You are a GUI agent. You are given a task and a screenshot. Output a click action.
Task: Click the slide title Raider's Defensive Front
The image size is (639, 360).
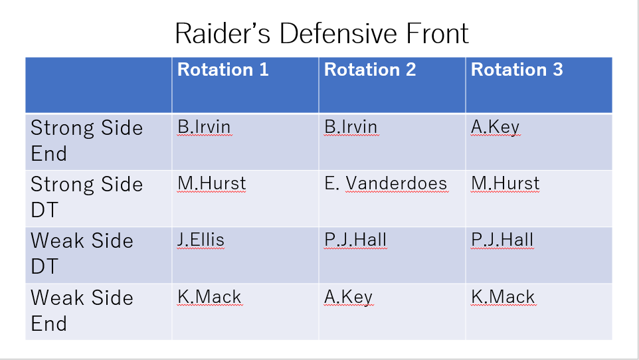pos(322,33)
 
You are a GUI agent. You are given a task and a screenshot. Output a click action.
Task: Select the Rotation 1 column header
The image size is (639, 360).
pos(223,69)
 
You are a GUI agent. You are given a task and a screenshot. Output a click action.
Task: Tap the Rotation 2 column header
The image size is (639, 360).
pos(370,69)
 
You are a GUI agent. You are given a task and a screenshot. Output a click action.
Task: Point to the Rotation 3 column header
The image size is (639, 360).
pos(517,69)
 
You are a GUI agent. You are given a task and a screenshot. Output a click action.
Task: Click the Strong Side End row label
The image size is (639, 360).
pos(87,141)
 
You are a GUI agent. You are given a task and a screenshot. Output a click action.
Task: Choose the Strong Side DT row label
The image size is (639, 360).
pos(87,197)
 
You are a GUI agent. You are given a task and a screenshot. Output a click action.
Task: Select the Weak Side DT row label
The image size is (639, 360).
pos(82,254)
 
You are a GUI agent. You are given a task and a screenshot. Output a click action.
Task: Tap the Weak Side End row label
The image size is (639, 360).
pos(82,310)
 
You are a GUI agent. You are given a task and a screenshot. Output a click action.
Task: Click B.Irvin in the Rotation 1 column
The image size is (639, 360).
pos(204,127)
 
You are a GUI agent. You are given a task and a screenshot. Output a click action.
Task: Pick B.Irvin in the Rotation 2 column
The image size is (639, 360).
pos(351,127)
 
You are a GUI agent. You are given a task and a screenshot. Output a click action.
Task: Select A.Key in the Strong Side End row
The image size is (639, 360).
pos(495,128)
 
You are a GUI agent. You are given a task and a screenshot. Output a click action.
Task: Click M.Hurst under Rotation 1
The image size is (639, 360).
pos(212,183)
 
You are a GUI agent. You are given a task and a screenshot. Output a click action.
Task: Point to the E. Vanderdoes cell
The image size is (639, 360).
pos(386,183)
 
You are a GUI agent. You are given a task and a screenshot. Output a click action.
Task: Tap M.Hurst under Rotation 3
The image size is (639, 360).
pos(505,183)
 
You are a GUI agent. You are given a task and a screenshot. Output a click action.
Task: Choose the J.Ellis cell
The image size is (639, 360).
pos(201,240)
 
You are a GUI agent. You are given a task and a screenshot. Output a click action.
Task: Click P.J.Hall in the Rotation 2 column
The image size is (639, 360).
pos(355,240)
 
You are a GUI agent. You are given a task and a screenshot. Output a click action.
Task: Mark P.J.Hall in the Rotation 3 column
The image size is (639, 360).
pos(502,240)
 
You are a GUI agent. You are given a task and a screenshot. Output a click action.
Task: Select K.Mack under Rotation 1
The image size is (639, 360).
pos(209,297)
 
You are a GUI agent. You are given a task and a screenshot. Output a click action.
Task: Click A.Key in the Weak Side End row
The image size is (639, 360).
pos(349,298)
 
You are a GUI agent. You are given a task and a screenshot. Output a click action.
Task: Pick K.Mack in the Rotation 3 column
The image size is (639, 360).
pos(503,297)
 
